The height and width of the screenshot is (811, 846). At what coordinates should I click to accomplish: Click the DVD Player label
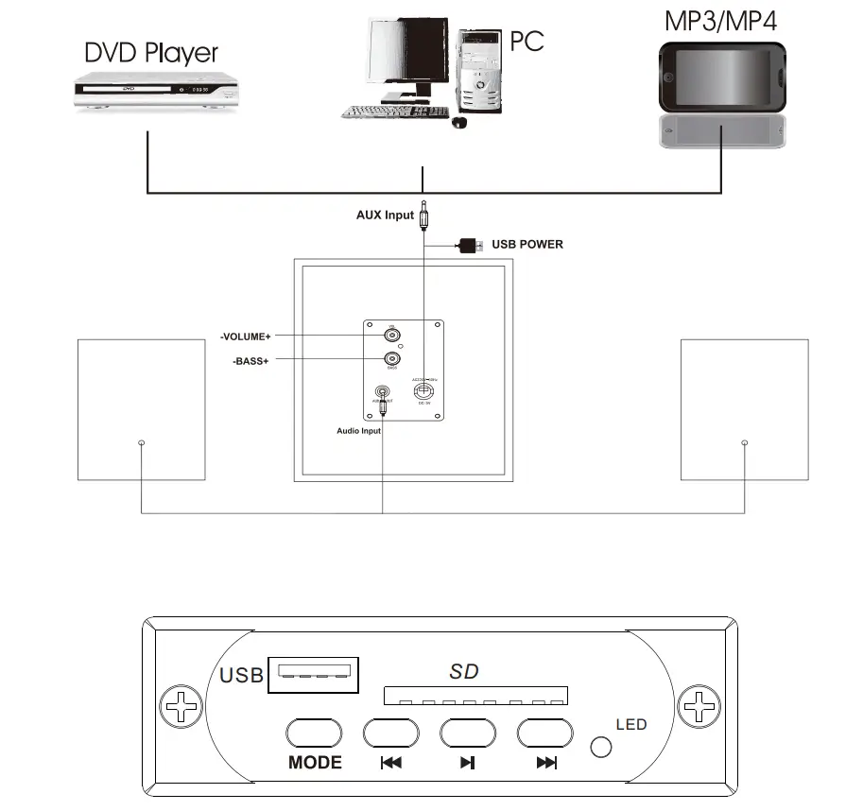pos(151,52)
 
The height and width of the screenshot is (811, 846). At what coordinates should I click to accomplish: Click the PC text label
pos(527,41)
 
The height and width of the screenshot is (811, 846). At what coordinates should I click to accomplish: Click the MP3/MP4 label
pos(720,21)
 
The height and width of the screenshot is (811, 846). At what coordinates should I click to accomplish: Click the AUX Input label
pos(385,215)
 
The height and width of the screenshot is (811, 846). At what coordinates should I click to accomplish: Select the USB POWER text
pos(527,244)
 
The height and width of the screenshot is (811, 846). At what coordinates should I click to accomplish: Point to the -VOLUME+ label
pos(246,336)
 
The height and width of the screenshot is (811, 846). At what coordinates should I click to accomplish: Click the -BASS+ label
pos(250,361)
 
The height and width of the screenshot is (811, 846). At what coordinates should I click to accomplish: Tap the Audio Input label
pos(358,431)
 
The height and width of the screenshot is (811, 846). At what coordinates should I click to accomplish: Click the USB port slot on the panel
pos(314,675)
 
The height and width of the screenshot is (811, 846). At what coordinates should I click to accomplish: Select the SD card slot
pos(476,697)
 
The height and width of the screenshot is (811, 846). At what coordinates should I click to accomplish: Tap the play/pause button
pos(467,733)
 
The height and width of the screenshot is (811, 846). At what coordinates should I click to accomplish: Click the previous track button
pos(391,733)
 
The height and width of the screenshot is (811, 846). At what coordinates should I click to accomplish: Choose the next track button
pos(545,733)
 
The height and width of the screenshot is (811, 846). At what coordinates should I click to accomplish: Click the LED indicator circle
pos(600,746)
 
